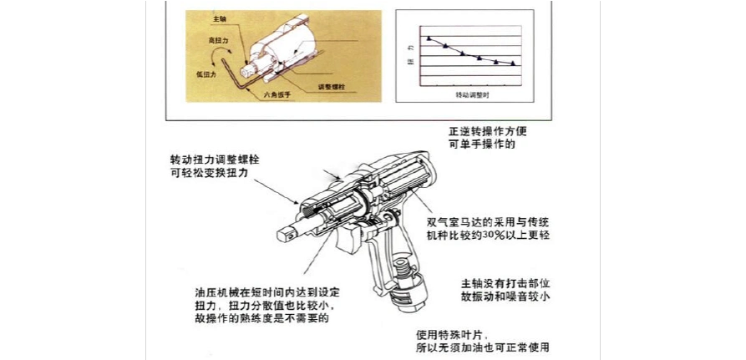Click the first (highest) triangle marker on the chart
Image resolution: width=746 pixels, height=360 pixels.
(x=429, y=38)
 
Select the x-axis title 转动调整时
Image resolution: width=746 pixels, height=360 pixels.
(x=472, y=96)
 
